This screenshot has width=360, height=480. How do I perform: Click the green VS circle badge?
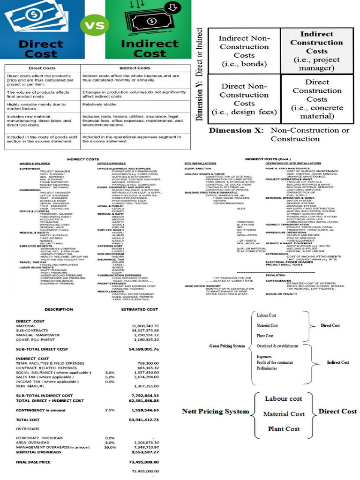pyautogui.click(x=91, y=26)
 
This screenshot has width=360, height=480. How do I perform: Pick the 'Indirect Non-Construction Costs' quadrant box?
pyautogui.click(x=244, y=51)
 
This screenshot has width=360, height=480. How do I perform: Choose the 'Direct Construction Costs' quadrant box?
pyautogui.click(x=317, y=99)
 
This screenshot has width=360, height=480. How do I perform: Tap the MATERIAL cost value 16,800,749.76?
pyautogui.click(x=145, y=325)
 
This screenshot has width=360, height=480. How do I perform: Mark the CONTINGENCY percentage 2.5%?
pyautogui.click(x=110, y=409)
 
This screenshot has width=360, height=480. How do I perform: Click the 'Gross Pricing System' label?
pyautogui.click(x=227, y=346)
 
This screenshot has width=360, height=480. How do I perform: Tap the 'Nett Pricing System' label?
pyautogui.click(x=215, y=412)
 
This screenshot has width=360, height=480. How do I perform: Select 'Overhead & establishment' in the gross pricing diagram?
pyautogui.click(x=277, y=346)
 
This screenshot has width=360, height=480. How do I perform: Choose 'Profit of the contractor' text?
pyautogui.click(x=275, y=362)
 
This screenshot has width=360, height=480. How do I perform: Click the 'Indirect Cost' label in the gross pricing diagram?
pyautogui.click(x=338, y=362)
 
